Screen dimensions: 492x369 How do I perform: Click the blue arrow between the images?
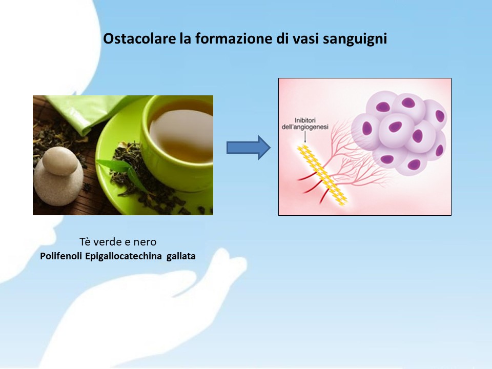pyautogui.click(x=248, y=148)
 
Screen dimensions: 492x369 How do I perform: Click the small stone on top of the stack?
pyautogui.click(x=59, y=161)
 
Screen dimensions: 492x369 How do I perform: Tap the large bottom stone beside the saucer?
pyautogui.click(x=58, y=185)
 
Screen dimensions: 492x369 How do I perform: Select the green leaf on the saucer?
pyautogui.click(x=121, y=171)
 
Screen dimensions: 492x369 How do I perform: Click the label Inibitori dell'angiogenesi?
pyautogui.click(x=305, y=124)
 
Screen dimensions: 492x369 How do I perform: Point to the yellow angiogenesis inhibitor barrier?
pyautogui.click(x=322, y=175)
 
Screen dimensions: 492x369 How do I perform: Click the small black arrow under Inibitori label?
pyautogui.click(x=305, y=137)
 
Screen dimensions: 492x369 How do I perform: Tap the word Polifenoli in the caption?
pyautogui.click(x=61, y=256)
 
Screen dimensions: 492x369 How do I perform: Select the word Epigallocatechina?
pyautogui.click(x=124, y=257)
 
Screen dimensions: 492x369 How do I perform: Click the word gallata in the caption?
pyautogui.click(x=181, y=257)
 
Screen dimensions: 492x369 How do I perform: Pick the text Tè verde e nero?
pyautogui.click(x=118, y=242)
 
